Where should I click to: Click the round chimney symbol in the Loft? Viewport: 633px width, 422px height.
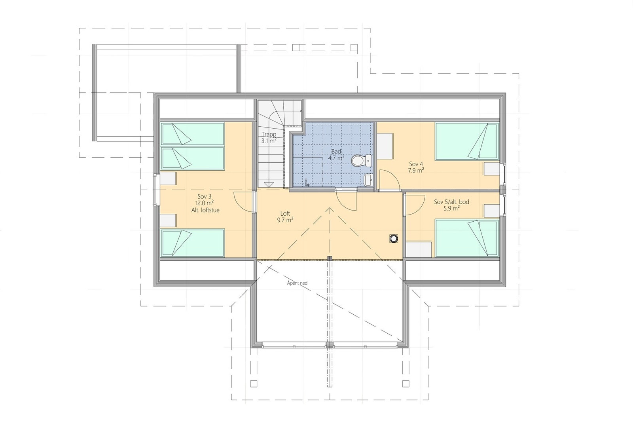394,238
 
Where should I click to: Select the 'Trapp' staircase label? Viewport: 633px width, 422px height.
269,135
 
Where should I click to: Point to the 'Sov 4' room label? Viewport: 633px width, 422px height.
416,164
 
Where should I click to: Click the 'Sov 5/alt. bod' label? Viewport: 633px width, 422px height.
451,202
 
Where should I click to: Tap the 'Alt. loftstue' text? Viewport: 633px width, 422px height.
205,210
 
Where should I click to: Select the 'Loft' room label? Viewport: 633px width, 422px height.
285,213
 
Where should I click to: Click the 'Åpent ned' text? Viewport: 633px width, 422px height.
297,283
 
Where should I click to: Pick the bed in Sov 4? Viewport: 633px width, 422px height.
467,141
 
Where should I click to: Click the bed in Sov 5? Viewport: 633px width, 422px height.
466,238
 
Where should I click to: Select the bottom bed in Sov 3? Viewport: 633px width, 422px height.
193,243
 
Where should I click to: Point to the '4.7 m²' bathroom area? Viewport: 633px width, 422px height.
336,158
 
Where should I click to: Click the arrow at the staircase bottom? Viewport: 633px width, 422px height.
269,184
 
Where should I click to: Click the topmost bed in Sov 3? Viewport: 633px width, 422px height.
193,133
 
